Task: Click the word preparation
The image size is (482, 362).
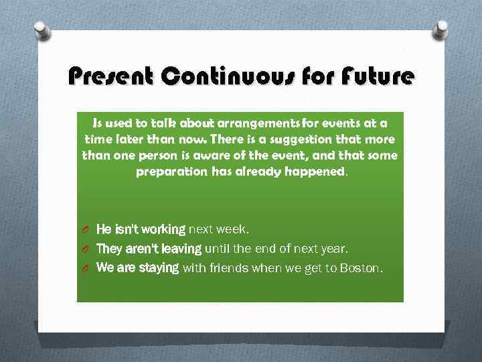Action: click(x=171, y=171)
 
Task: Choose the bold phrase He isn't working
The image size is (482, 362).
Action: click(x=141, y=229)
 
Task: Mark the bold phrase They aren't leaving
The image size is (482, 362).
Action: click(x=149, y=249)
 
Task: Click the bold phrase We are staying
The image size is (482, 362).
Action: click(x=137, y=268)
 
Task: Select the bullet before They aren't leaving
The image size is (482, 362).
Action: click(x=85, y=249)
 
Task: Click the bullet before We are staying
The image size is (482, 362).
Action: click(x=85, y=269)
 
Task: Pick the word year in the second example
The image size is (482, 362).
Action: click(x=331, y=249)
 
